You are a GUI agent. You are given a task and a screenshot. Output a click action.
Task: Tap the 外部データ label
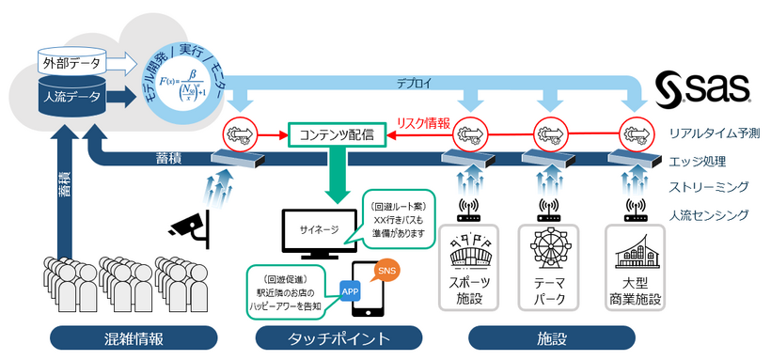click(x=72, y=64)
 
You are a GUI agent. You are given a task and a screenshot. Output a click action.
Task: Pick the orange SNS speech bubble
click(x=384, y=270)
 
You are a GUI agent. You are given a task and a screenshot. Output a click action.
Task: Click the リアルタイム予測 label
click(x=714, y=134)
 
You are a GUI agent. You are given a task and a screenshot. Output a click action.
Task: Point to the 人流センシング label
click(x=711, y=215)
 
